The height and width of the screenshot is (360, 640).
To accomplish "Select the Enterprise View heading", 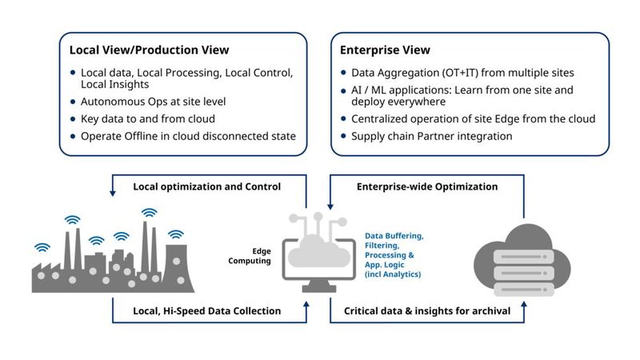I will pyautogui.click(x=385, y=50).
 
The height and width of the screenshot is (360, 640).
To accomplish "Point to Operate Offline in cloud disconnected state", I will pyautogui.click(x=188, y=136).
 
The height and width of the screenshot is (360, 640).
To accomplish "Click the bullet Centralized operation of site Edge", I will pyautogui.click(x=473, y=119).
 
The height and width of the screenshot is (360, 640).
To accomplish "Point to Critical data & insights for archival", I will pyautogui.click(x=426, y=310).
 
